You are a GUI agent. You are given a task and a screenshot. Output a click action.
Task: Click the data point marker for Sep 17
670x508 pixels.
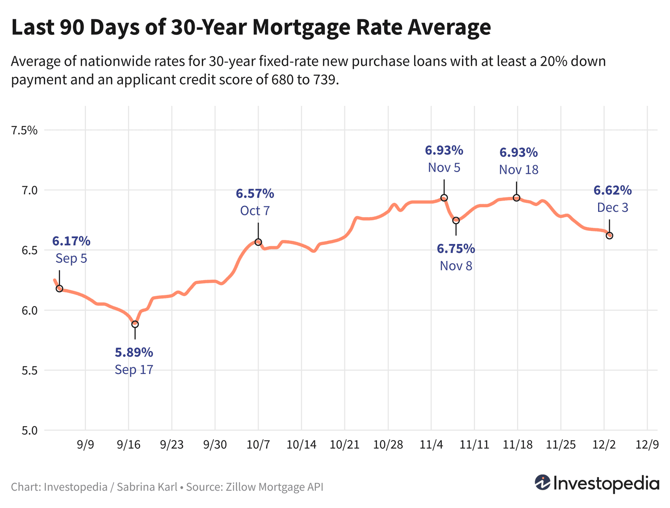(135, 324)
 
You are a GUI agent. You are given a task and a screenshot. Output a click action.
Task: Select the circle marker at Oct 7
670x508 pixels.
(258, 242)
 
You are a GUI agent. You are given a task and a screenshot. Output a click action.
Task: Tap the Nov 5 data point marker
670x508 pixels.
(444, 198)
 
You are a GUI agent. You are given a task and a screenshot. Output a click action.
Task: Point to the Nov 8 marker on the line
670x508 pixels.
(456, 220)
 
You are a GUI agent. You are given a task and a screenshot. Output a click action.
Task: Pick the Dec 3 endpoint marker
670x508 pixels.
(609, 235)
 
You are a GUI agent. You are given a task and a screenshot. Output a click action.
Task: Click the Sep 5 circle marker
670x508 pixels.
(59, 289)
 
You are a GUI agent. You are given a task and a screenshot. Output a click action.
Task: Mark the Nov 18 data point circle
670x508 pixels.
(517, 198)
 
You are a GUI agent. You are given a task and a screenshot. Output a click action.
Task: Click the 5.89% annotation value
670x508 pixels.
(134, 353)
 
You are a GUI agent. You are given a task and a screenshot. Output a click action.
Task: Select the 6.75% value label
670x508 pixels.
(456, 248)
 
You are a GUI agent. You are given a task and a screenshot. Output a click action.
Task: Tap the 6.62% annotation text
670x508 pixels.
(613, 190)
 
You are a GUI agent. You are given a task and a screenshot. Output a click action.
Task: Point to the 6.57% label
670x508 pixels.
(255, 193)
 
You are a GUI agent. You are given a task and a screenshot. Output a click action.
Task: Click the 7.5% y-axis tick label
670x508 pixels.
(25, 130)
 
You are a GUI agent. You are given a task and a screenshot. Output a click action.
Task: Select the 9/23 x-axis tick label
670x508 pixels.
(172, 445)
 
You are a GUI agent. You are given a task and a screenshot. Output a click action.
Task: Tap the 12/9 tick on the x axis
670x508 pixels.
(647, 445)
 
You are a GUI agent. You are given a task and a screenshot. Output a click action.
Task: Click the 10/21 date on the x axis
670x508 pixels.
(345, 445)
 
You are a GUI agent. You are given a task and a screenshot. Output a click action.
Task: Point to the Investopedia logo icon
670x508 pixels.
(542, 483)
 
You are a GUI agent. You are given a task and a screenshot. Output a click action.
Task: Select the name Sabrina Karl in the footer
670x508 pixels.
(147, 487)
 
